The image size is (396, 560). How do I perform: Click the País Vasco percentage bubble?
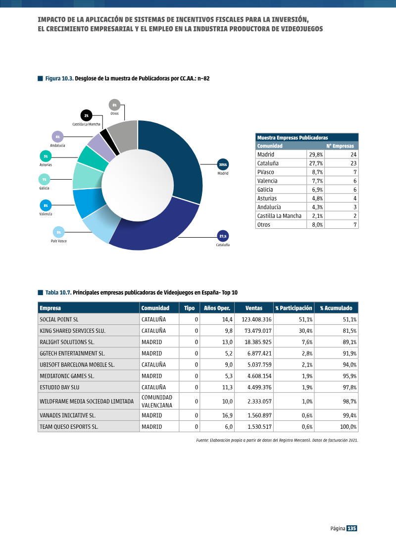[58, 233]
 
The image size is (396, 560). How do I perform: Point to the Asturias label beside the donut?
[46, 165]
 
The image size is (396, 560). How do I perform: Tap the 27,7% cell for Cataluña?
[316, 163]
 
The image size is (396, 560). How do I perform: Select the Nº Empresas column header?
[340, 146]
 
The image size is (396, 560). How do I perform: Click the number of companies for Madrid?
[353, 154]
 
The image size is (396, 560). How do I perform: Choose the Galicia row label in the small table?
[265, 190]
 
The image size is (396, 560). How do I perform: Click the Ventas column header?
[254, 308]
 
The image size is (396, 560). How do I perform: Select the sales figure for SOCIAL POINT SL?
[257, 319]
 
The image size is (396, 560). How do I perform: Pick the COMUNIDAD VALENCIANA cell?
[157, 402]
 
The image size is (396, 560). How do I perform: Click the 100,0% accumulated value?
[348, 427]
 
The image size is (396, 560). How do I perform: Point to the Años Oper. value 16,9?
[227, 415]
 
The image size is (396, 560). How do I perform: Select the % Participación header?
[294, 308]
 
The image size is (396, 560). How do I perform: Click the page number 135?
[352, 528]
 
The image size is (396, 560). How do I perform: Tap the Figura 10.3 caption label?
[59, 79]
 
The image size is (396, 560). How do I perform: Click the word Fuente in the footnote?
[202, 440]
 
